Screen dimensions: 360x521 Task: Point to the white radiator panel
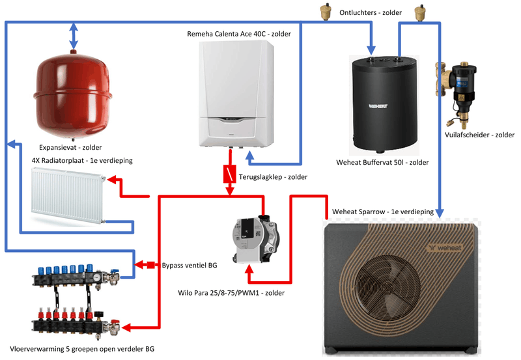point(67,196)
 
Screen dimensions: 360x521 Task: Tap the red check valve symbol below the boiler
point(229,174)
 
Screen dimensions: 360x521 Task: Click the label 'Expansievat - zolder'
point(70,147)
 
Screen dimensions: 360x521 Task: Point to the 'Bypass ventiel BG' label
point(190,265)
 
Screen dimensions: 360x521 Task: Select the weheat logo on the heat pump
point(445,247)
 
